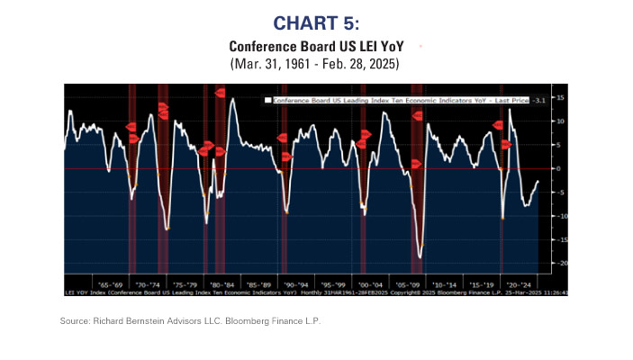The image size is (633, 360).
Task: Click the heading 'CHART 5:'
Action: pyautogui.click(x=315, y=22)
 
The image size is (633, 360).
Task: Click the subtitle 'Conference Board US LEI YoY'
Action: pyautogui.click(x=315, y=45)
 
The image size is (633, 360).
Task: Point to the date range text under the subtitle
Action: pyautogui.click(x=315, y=64)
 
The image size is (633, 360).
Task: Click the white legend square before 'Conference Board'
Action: pyautogui.click(x=267, y=101)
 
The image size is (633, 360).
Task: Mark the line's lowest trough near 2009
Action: pyautogui.click(x=420, y=256)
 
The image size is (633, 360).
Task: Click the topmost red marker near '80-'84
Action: pyautogui.click(x=220, y=93)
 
